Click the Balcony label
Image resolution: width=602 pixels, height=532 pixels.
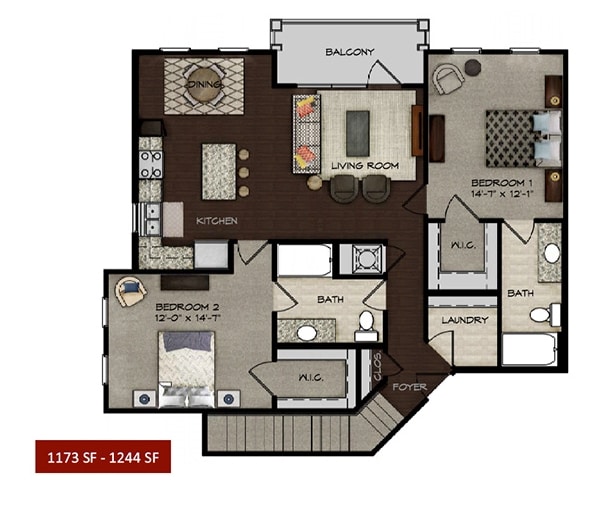(349, 52)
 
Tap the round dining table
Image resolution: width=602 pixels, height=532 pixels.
(203, 85)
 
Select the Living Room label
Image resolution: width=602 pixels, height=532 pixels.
(365, 165)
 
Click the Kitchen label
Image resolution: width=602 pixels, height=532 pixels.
(216, 220)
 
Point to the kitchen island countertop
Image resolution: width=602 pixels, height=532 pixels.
(218, 171)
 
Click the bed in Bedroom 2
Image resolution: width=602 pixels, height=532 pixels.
(187, 365)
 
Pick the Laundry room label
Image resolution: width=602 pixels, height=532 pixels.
(464, 321)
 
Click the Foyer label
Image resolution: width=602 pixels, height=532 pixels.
(409, 386)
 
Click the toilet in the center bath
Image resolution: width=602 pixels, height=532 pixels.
(365, 323)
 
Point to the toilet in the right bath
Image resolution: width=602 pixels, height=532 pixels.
(541, 315)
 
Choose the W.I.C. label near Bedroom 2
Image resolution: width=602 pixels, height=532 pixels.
(309, 378)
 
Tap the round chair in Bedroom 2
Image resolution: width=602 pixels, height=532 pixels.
(131, 292)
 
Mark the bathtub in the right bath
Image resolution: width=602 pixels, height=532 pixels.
(530, 349)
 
